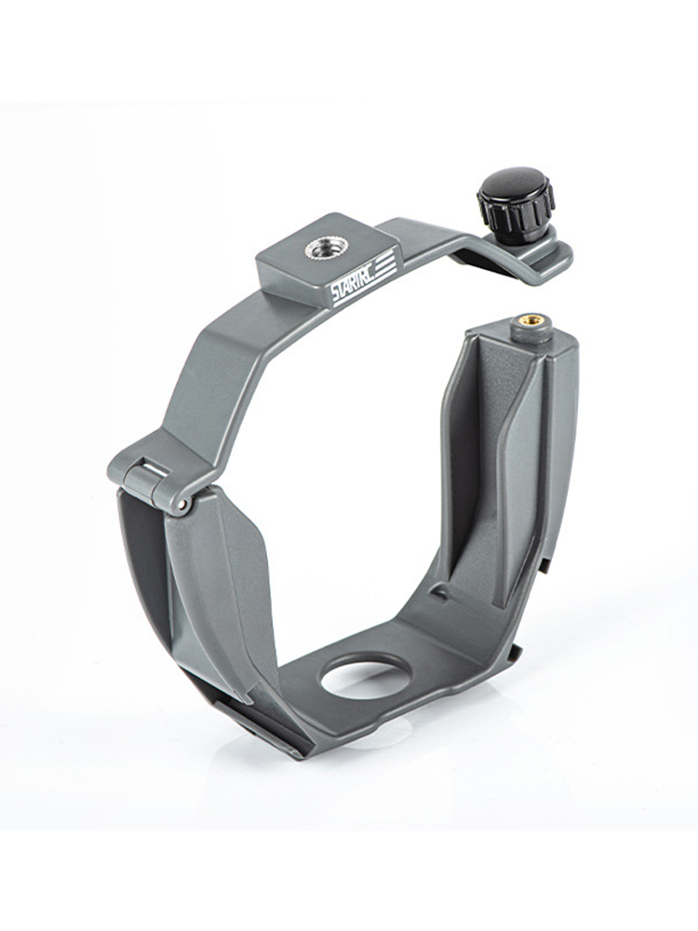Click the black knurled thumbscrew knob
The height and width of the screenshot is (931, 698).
point(516,204)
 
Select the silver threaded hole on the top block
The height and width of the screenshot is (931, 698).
point(320,244)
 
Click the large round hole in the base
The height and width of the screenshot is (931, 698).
point(366,680)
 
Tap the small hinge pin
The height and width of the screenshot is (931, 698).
point(184,505)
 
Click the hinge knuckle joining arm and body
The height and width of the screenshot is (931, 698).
point(155,484)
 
